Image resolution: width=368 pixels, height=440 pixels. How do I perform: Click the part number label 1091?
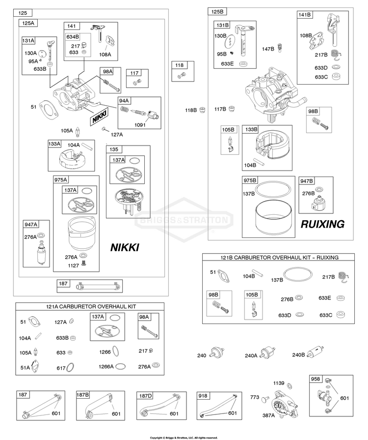coord(140,125)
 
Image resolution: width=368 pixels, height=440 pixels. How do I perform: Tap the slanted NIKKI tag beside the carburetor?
coord(100,117)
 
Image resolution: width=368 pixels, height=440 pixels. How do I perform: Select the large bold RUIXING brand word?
coord(323,224)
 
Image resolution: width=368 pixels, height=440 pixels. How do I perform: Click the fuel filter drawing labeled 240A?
coord(267,353)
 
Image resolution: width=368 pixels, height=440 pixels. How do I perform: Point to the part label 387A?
coord(268,415)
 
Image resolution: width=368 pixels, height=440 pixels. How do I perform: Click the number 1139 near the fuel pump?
coord(279,383)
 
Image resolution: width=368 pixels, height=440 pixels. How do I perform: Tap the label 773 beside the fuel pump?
coord(255,397)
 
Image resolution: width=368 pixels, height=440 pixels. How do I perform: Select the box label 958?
coord(315,379)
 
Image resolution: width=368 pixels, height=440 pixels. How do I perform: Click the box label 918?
coord(203,396)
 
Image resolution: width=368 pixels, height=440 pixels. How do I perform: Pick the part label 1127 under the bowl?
coord(73,265)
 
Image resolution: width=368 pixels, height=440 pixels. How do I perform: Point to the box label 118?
coord(179,65)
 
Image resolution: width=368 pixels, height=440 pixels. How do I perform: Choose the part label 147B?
coord(268,49)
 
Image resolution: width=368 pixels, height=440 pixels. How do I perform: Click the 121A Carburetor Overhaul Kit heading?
coord(91,306)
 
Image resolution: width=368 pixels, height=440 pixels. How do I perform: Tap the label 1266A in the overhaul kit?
coord(106,366)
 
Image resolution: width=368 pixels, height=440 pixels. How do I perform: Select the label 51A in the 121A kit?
coord(25,367)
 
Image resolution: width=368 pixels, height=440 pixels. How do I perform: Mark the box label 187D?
coord(146,396)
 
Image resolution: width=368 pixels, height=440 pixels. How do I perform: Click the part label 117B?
coord(220,109)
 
